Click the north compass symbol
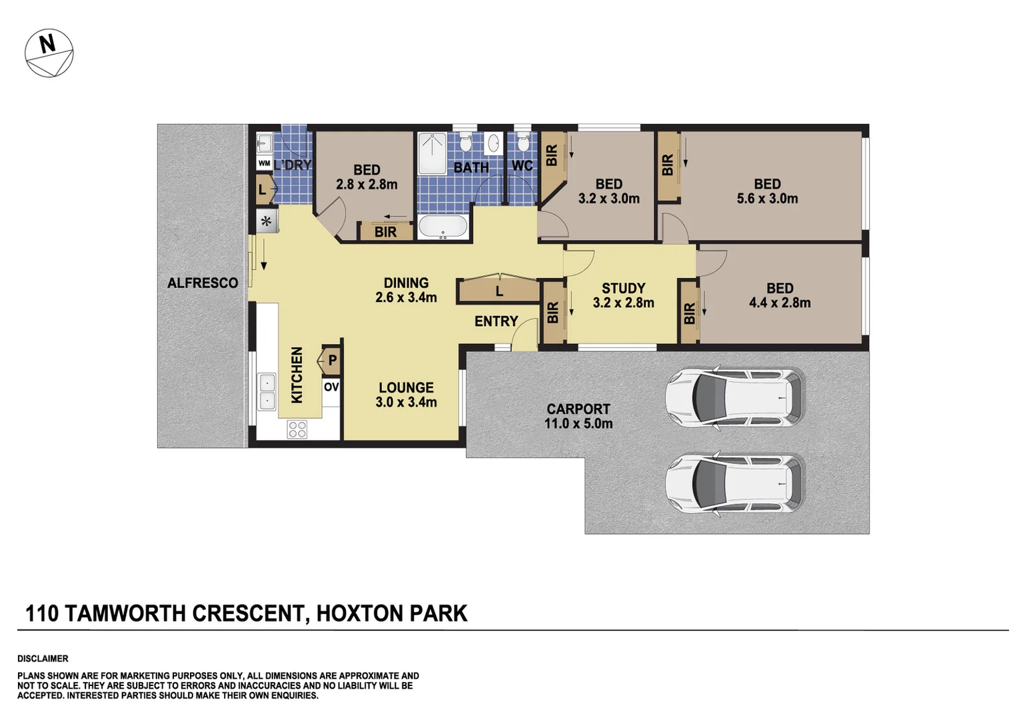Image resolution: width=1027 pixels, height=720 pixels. coord(49,53)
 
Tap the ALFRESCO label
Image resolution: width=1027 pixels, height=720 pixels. coord(203,283)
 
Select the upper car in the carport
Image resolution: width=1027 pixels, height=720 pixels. coord(735,398)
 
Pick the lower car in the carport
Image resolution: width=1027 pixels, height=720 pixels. coord(735,483)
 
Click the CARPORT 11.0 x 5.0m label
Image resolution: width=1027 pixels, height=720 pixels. coord(578,416)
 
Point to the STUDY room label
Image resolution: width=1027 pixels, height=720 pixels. coord(623,295)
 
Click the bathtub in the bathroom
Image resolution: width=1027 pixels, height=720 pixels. coord(443,227)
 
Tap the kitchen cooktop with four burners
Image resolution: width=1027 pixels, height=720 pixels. coord(297,429)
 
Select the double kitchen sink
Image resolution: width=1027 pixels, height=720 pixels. coord(267,391)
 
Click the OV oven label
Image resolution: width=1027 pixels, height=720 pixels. coord(331,387)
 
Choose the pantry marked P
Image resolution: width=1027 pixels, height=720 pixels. coord(331,361)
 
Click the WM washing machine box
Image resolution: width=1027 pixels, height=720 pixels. coord(264,163)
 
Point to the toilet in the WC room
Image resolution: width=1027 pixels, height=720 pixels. coord(523,143)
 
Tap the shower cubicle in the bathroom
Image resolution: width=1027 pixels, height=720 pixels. coord(432,153)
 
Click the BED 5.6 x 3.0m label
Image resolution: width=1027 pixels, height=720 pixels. coord(767,191)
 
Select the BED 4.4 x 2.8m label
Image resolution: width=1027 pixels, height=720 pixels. coord(779,295)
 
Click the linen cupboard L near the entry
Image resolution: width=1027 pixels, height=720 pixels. coord(499,291)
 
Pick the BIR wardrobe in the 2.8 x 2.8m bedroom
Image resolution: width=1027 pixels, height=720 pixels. coord(385,231)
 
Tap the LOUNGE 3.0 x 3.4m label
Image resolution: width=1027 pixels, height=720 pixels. coord(406,395)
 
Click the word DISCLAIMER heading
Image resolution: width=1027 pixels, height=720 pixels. coord(43,659)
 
